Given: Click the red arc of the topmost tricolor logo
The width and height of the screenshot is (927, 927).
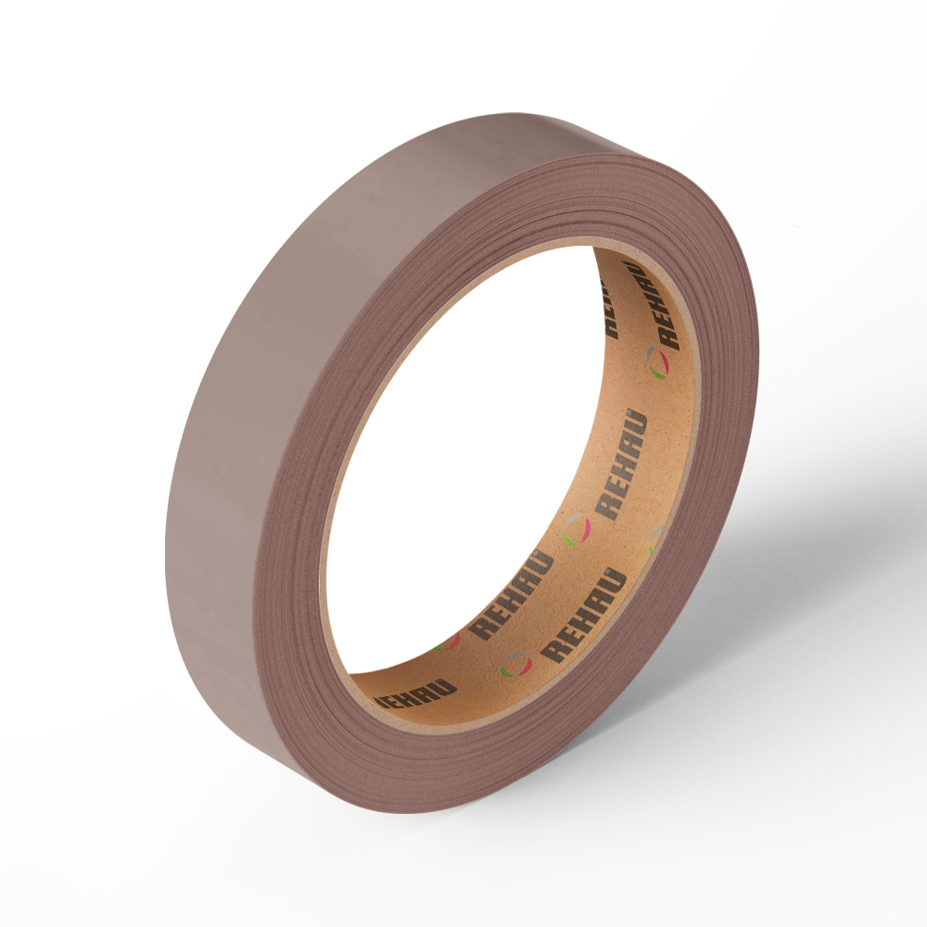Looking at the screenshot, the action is tap(665, 363).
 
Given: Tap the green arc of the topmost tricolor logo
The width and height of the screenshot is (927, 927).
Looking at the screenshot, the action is tap(656, 374).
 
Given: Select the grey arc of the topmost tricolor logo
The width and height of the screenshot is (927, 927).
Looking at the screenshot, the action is tap(651, 353).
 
